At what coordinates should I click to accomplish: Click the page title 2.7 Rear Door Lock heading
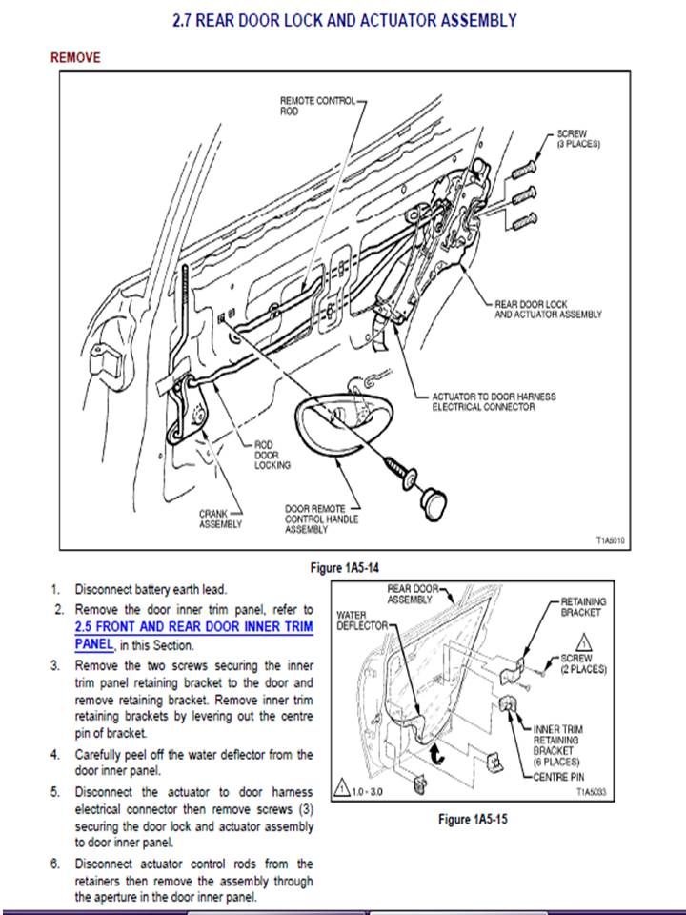tap(344, 20)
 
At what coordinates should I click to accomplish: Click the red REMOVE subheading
tap(75, 58)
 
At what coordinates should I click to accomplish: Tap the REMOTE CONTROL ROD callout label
tap(317, 105)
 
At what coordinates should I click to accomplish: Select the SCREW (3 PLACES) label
tap(577, 138)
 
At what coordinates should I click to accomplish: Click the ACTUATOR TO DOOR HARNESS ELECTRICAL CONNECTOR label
tap(494, 401)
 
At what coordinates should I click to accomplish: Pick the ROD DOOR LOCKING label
tap(272, 455)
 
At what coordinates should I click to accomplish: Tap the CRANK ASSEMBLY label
tap(219, 518)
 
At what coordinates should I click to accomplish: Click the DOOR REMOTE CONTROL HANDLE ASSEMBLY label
tap(317, 518)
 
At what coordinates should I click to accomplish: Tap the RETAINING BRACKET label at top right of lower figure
tap(583, 607)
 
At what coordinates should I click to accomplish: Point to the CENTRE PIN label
tap(559, 777)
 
